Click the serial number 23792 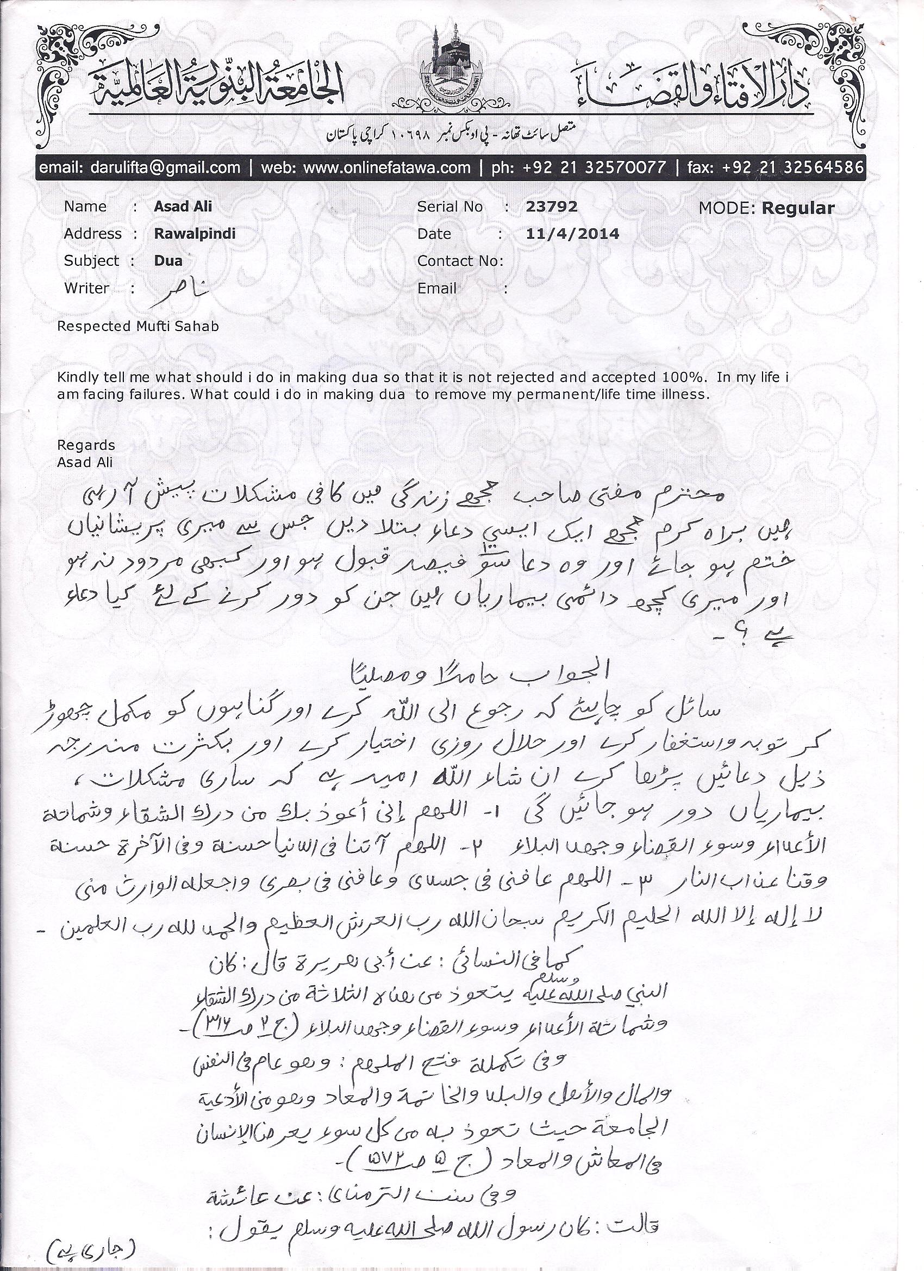pos(551,206)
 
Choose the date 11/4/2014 pos(573,234)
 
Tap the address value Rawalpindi pos(195,234)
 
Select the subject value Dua pos(168,260)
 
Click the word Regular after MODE pos(798,208)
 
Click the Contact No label pos(460,260)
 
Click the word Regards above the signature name pos(86,445)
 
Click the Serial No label pos(449,206)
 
